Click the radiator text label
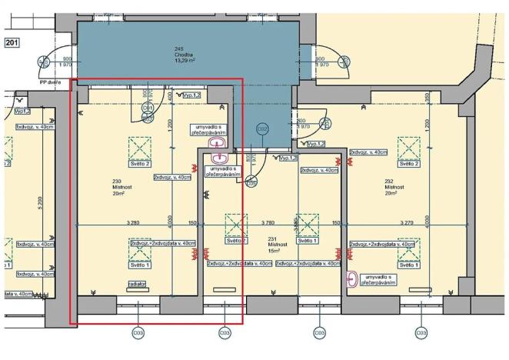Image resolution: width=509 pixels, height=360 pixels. click(x=139, y=283)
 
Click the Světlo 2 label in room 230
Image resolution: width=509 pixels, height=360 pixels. click(x=140, y=164)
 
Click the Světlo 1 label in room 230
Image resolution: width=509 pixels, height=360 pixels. click(x=140, y=265)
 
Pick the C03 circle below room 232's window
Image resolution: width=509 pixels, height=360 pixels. click(x=421, y=333)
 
